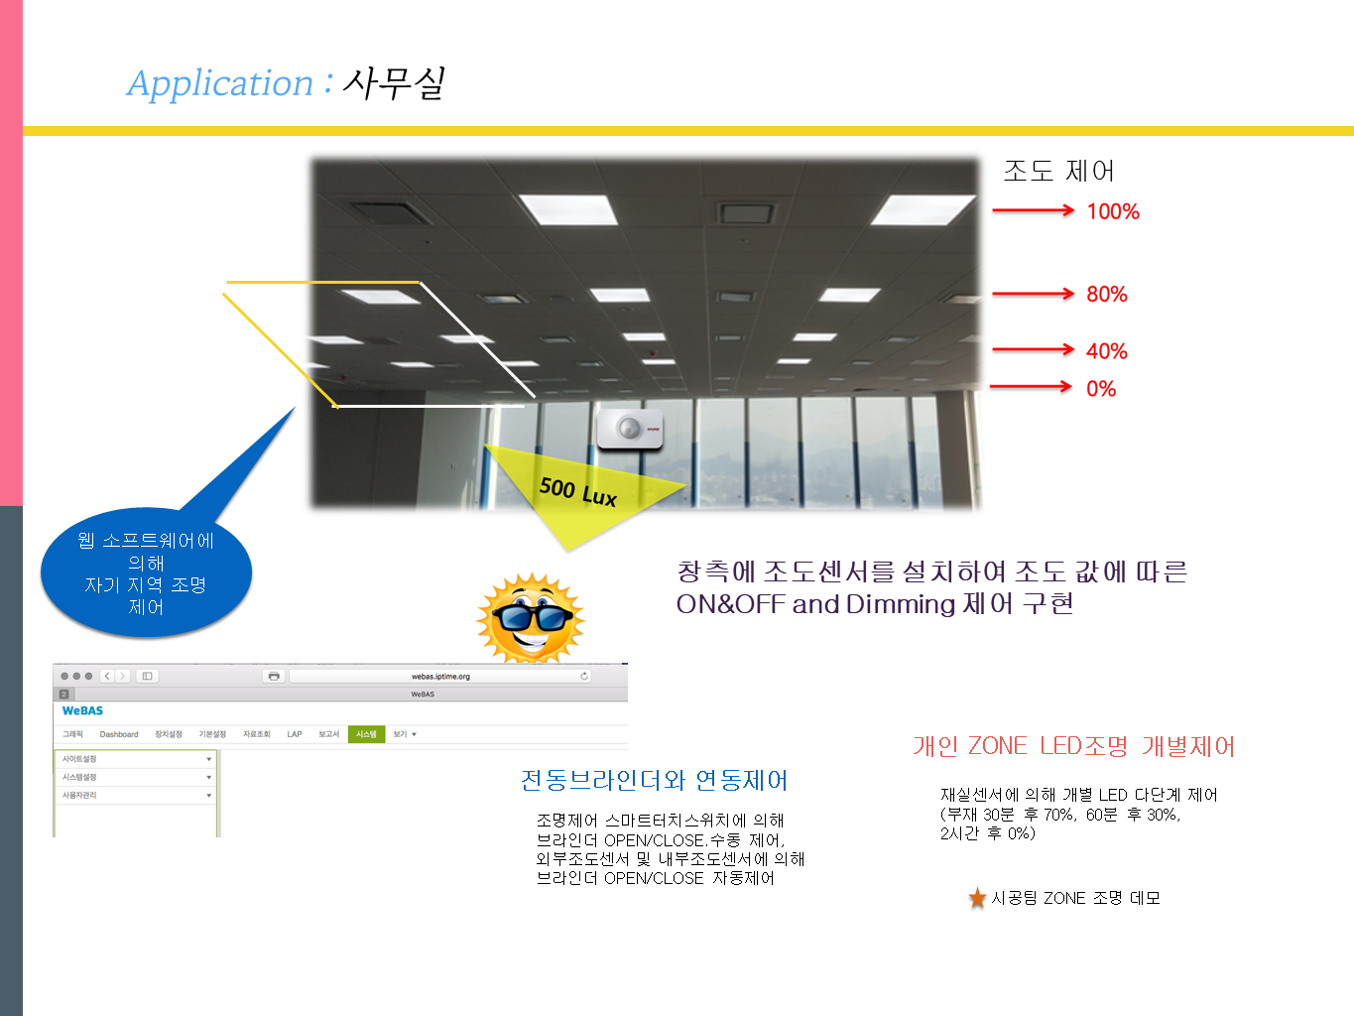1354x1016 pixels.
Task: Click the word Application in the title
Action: coord(220,83)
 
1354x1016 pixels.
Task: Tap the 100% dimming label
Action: coord(1113,211)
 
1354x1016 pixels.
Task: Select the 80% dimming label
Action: coord(1107,294)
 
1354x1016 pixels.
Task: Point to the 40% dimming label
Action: coord(1107,351)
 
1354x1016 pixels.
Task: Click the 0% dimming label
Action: coord(1101,389)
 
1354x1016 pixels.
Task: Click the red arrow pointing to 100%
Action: coord(1033,210)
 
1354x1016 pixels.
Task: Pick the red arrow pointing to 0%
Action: coord(1031,387)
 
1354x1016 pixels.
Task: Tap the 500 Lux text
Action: coord(578,491)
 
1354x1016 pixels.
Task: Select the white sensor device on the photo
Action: coord(630,430)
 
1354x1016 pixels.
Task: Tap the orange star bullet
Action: coord(977,898)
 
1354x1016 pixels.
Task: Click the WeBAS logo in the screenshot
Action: coord(82,710)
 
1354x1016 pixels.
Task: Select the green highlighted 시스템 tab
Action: coord(366,734)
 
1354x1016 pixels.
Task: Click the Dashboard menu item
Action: coord(119,734)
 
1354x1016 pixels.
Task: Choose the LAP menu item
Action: coord(295,734)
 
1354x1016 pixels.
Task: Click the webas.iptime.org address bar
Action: coord(440,676)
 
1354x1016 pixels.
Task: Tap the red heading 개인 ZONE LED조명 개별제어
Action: coord(1073,746)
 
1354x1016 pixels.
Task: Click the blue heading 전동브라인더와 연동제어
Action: coord(654,781)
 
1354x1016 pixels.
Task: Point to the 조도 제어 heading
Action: coord(1058,171)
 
